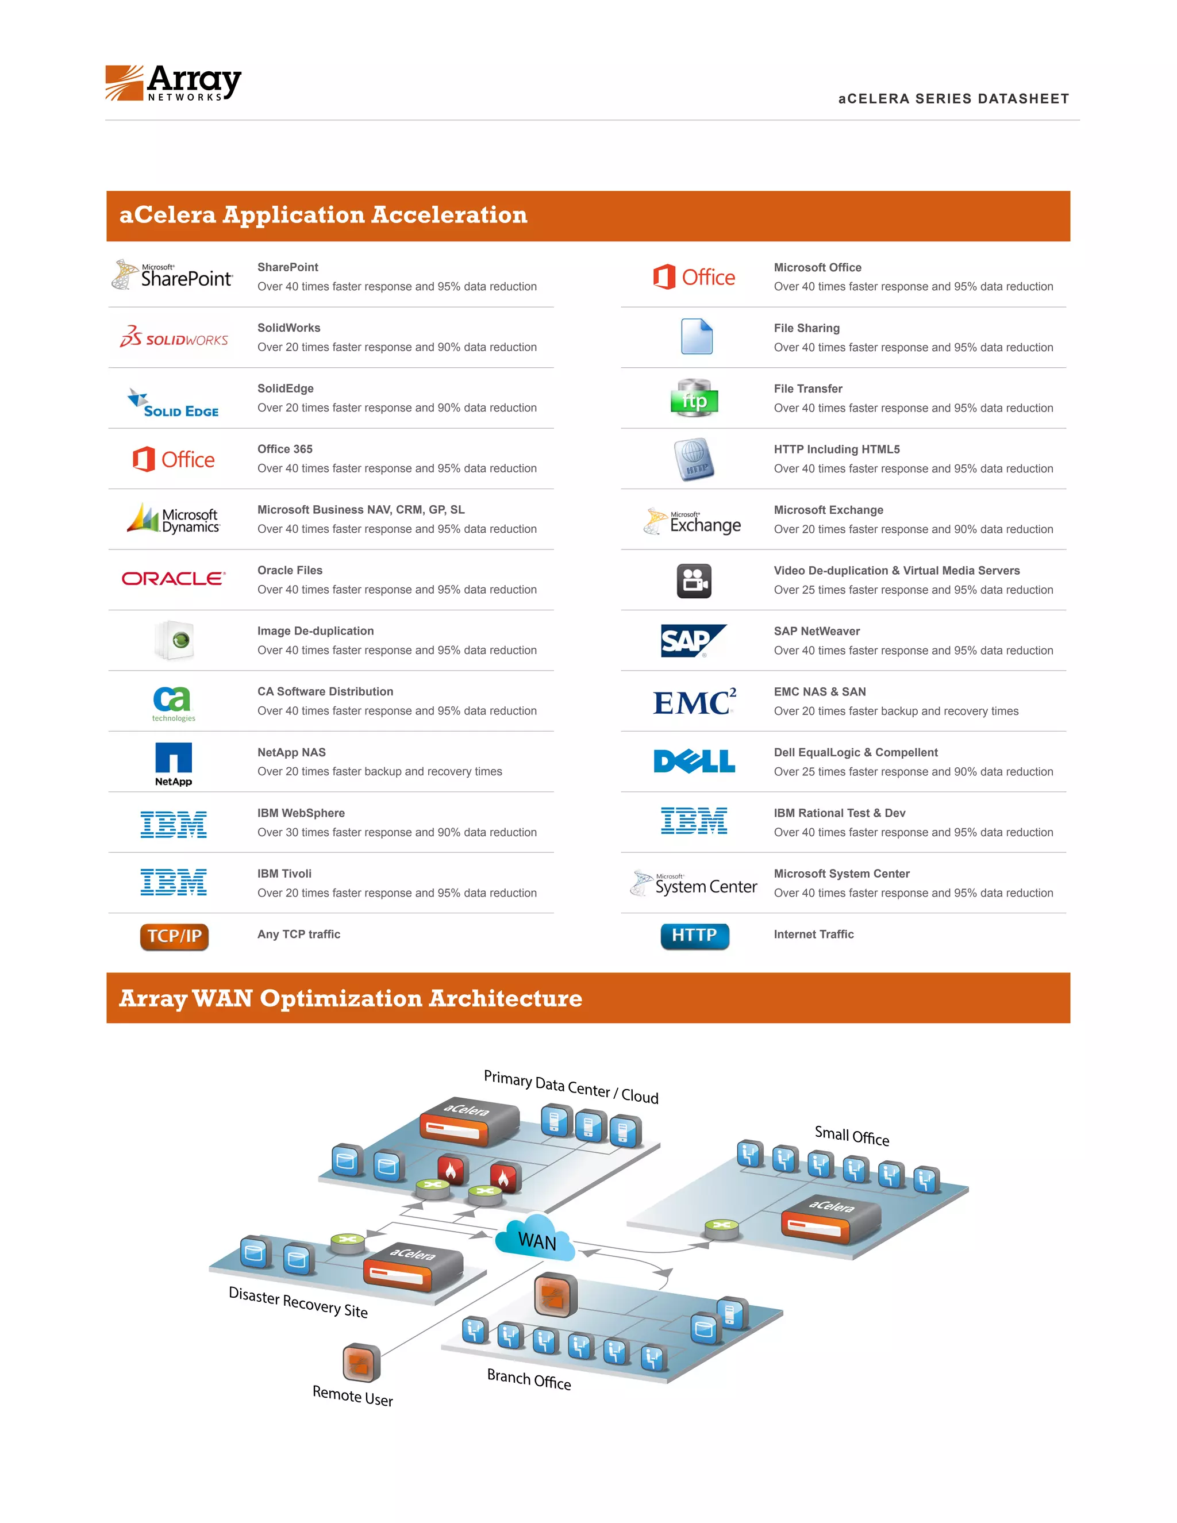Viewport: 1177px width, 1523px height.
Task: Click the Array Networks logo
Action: tap(173, 83)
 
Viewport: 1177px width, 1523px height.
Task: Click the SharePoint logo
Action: tap(172, 275)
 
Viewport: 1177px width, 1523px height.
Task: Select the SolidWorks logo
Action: tap(174, 337)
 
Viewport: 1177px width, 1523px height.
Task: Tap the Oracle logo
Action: tap(174, 578)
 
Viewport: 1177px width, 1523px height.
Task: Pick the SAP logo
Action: tap(693, 641)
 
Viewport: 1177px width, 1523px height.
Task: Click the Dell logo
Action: tap(694, 761)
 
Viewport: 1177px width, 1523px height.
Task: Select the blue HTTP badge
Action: tap(694, 936)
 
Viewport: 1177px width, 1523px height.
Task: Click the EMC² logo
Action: tap(694, 702)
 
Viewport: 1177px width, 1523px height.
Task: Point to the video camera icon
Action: tap(694, 581)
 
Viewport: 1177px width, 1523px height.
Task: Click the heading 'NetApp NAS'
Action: tap(291, 752)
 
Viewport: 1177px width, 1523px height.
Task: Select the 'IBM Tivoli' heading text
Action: tap(284, 874)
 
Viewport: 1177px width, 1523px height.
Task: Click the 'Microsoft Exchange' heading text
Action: tap(828, 510)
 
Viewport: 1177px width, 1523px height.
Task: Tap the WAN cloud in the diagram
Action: tap(536, 1239)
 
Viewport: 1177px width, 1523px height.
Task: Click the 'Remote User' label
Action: tap(353, 1396)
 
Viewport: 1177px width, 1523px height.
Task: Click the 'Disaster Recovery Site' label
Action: tap(298, 1302)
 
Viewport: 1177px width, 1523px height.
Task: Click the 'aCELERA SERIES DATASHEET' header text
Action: tap(953, 99)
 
